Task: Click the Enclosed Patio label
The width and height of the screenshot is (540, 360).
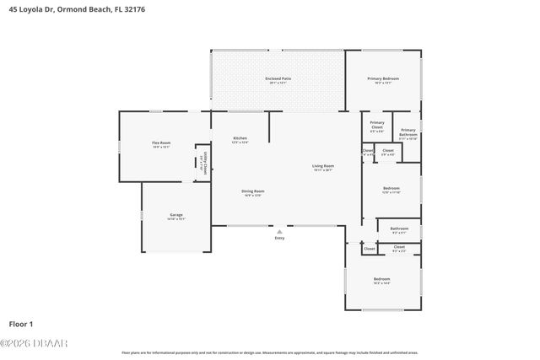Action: point(278,78)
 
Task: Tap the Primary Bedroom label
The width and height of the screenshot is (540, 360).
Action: point(382,78)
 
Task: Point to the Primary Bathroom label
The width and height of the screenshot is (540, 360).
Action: point(408,130)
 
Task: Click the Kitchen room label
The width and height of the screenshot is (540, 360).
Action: point(240,138)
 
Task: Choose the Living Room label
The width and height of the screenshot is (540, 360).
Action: point(323,166)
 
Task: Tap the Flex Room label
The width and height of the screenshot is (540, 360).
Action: point(160,143)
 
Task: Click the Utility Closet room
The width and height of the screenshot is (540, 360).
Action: point(202,161)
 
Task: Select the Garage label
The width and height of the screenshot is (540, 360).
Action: point(176,214)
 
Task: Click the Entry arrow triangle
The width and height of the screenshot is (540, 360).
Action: point(279,230)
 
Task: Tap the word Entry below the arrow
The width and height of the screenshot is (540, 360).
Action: point(279,239)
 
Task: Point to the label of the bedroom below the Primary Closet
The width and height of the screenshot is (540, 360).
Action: point(391,188)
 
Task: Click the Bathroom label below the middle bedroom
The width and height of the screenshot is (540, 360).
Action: point(399,228)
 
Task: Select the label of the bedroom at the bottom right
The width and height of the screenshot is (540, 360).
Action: point(382,279)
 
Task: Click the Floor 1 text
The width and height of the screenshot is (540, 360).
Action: point(20,323)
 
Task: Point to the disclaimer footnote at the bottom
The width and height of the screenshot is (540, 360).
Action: point(270,352)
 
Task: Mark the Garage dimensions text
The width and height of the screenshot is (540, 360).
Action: point(176,218)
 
